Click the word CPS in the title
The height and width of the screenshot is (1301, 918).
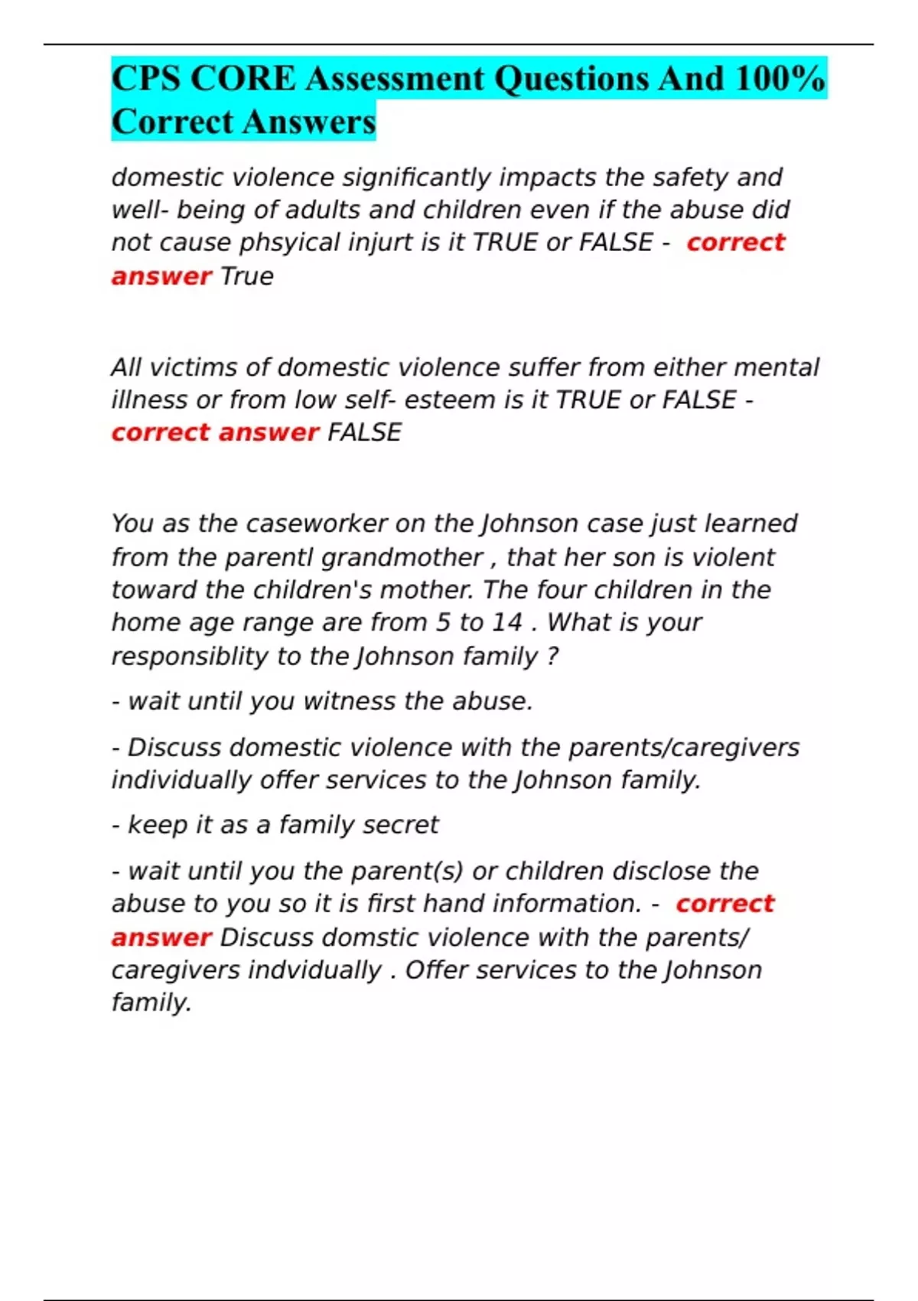point(145,79)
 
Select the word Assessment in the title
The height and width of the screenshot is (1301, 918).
point(396,79)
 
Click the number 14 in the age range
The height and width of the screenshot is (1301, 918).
point(506,622)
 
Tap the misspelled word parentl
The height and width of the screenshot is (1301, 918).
point(269,558)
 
